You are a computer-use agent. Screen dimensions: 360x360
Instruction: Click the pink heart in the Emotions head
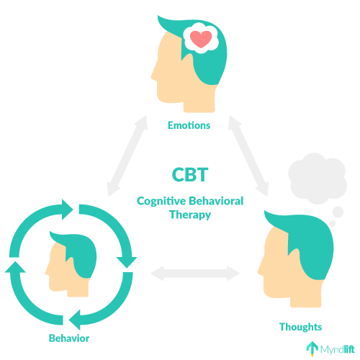201,39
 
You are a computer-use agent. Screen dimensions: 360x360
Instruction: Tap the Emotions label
189,125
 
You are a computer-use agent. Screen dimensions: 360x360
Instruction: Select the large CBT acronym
190,174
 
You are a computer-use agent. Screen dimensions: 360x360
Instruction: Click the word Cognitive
161,202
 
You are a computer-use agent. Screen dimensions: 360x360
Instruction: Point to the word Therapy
190,215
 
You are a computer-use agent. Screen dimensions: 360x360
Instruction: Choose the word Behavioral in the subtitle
216,201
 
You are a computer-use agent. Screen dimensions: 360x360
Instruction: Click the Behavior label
69,338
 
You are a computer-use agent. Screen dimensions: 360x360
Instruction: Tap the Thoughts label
300,327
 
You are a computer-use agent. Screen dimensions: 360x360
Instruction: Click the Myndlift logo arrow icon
312,348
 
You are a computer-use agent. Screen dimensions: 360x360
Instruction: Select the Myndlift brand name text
338,349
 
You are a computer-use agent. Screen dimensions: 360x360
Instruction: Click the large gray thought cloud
318,179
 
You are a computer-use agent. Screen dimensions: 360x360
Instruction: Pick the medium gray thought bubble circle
338,212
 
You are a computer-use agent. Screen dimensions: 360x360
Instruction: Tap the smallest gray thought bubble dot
333,224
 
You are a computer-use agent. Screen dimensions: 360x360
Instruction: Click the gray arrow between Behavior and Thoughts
195,273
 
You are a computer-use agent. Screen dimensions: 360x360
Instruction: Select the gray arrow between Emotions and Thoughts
248,156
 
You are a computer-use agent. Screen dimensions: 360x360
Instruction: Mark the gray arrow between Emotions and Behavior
127,156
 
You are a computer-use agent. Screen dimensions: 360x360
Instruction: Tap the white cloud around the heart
201,38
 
